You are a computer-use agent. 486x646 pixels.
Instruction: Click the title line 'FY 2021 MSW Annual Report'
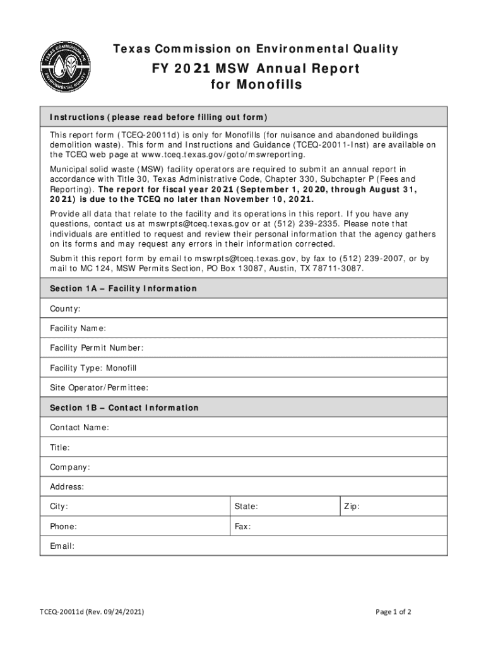[x=256, y=68]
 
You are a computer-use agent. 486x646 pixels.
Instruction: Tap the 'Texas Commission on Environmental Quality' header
[x=256, y=49]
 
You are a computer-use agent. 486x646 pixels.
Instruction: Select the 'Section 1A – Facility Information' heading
[x=124, y=288]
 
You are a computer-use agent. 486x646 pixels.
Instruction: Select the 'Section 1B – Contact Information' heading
[x=124, y=408]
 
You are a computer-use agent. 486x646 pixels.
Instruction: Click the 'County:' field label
[x=65, y=308]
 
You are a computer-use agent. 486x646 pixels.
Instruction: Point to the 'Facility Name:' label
[x=78, y=328]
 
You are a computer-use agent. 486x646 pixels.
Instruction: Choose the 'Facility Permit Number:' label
[x=97, y=348]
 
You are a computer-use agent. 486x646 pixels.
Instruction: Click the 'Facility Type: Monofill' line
[x=93, y=368]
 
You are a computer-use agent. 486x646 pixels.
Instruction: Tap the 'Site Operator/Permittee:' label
[x=99, y=387]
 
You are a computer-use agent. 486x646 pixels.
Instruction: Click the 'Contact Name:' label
[x=80, y=428]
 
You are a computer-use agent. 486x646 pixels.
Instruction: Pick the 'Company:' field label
[x=70, y=467]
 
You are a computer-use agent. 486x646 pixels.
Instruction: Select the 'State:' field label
[x=246, y=507]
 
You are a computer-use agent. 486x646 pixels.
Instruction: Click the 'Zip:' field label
[x=352, y=507]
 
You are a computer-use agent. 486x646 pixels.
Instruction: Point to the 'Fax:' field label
[x=243, y=526]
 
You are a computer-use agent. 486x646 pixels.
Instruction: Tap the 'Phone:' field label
[x=64, y=526]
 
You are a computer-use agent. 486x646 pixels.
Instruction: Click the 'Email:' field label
[x=62, y=546]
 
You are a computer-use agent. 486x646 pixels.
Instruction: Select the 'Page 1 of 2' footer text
[x=394, y=612]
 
